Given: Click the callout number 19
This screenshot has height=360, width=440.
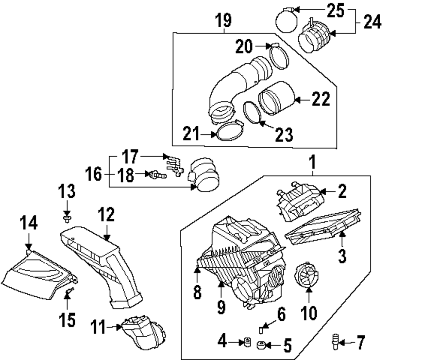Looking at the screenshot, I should coord(224,21).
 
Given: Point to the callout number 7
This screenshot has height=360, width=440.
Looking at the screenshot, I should coord(360,342).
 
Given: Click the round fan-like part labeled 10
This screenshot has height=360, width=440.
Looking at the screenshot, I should coord(308,275).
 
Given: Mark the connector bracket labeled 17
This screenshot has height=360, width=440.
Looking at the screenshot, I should coord(173,164).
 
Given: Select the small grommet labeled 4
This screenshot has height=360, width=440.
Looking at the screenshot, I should coord(247,341).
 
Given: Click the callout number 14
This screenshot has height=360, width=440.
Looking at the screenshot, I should coord(28,223).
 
